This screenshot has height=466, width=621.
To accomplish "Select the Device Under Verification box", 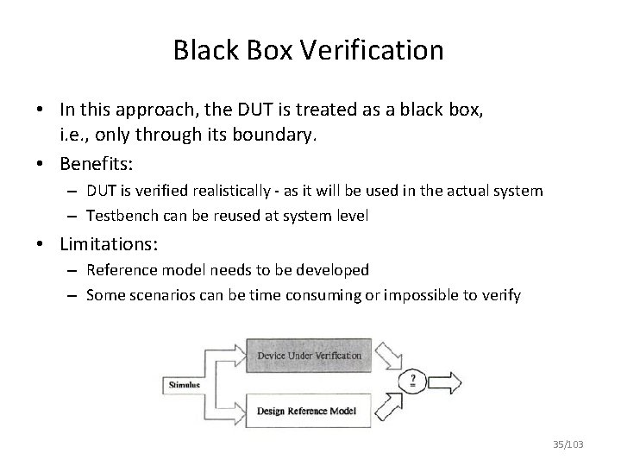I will [310, 356].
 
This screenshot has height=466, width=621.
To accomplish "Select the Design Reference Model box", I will [309, 408].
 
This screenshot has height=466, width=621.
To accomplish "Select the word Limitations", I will [103, 242].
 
